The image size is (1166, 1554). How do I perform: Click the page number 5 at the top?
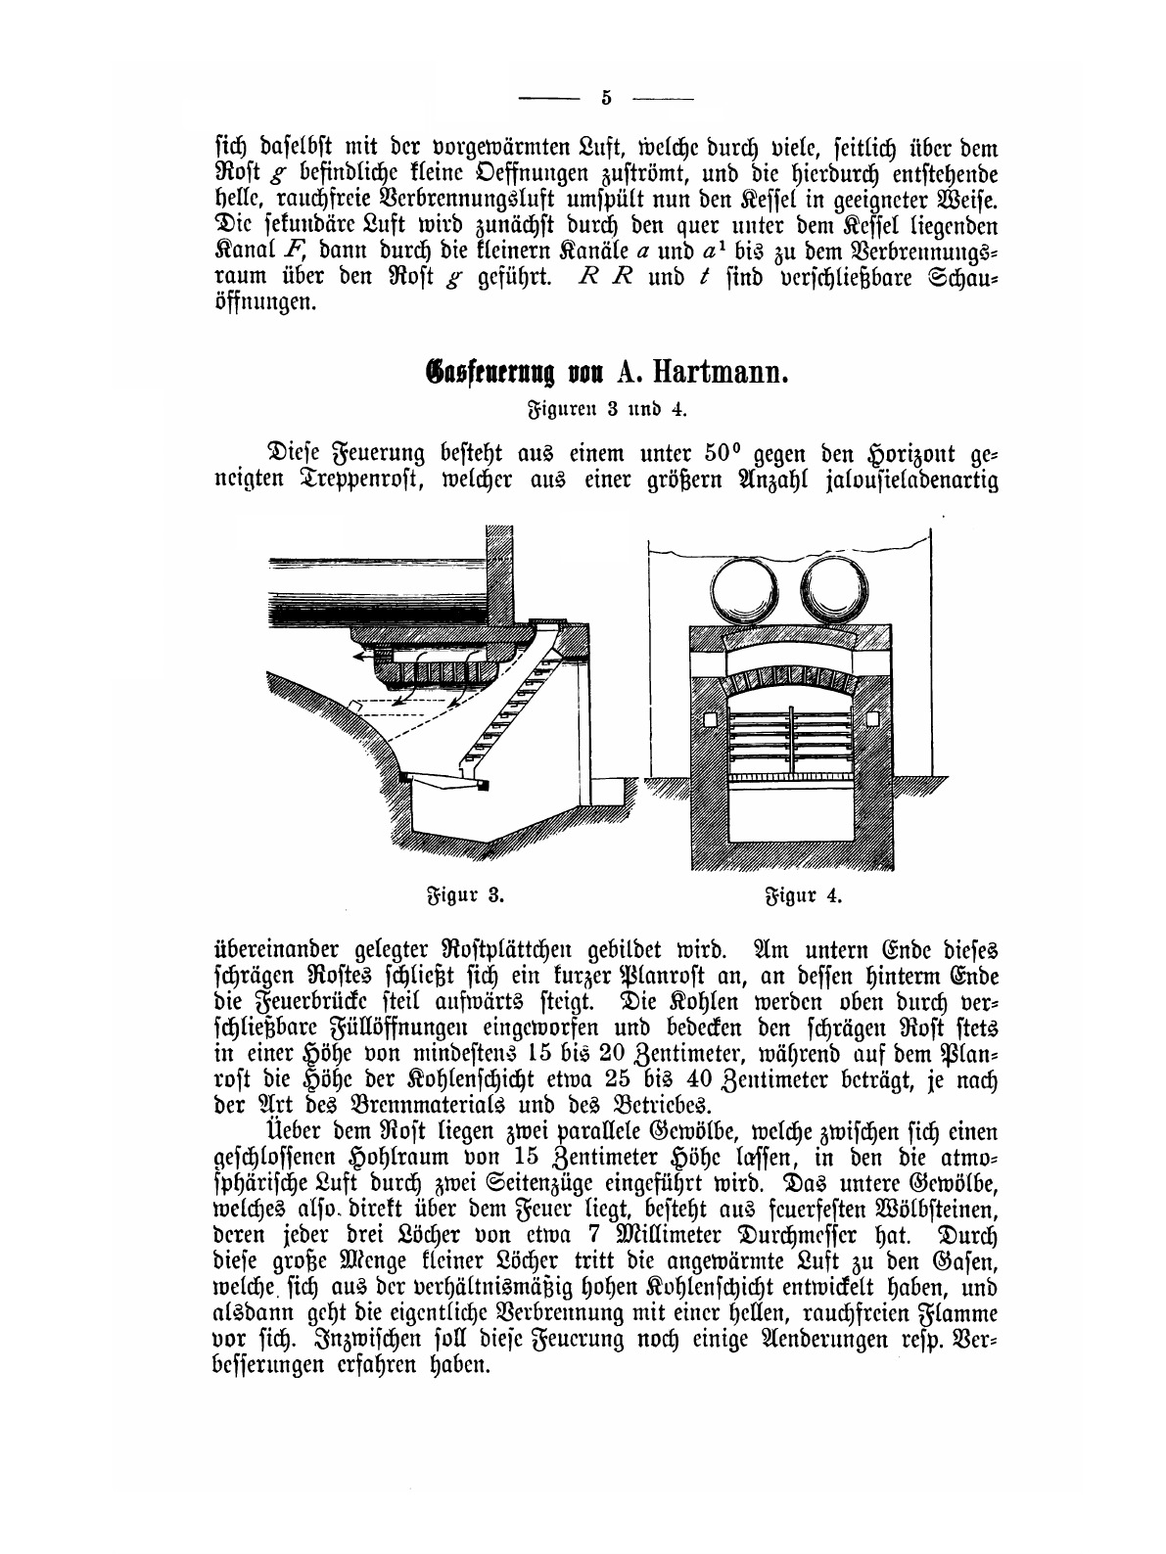click(606, 97)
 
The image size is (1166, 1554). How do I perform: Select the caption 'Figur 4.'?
click(804, 894)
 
